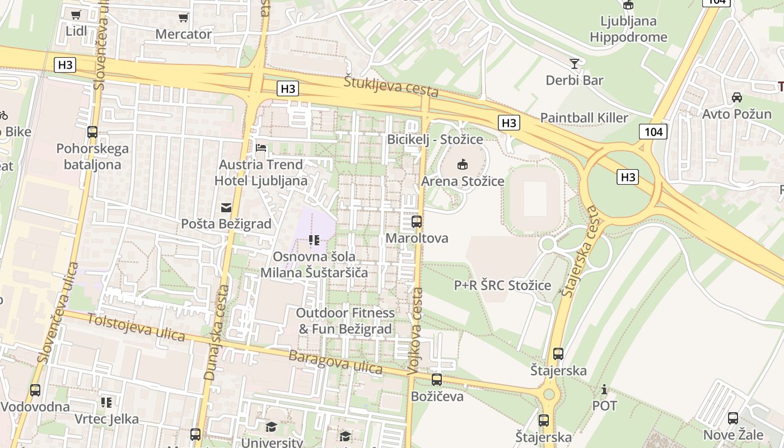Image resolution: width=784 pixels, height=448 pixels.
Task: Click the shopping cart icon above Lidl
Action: (76, 15)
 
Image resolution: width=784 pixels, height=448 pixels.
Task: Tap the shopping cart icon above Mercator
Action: (183, 18)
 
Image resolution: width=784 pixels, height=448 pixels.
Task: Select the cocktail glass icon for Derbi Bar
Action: (574, 63)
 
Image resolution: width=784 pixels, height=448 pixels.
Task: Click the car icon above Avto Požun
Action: (737, 97)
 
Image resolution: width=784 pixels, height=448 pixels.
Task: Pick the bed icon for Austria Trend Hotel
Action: (261, 148)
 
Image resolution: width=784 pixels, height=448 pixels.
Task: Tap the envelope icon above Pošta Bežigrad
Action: (226, 208)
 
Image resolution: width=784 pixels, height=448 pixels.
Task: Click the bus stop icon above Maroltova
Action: (417, 222)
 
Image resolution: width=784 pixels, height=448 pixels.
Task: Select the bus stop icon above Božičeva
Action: (437, 380)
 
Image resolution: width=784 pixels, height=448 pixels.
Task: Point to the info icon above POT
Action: (604, 389)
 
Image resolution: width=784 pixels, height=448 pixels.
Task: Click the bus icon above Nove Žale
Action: (732, 418)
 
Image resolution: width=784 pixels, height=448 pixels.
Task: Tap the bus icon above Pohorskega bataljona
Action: (92, 132)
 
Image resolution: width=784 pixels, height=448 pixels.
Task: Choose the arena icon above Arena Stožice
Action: (463, 165)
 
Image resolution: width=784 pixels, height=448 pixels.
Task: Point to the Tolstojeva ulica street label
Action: (136, 326)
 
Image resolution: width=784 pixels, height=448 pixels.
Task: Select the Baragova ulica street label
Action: (335, 362)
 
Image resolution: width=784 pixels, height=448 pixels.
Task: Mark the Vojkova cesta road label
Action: (416, 331)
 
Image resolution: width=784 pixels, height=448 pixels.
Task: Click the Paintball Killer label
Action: (584, 118)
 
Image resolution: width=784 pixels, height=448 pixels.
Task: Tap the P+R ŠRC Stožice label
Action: (502, 285)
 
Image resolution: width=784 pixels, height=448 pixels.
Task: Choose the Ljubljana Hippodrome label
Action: (628, 29)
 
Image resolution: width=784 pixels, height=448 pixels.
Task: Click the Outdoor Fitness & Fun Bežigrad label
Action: (345, 321)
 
